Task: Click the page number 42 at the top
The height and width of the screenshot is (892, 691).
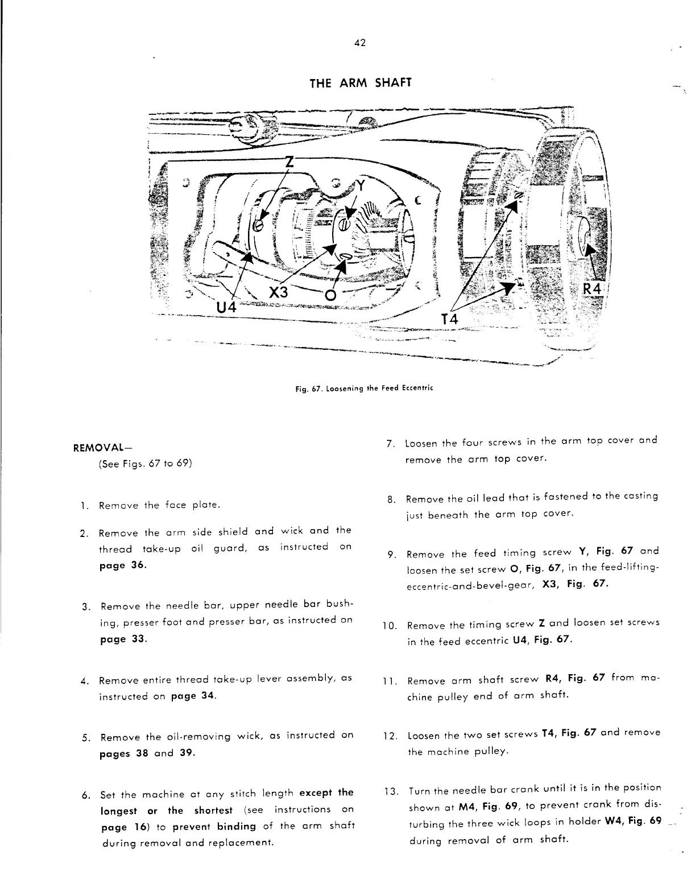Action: click(x=359, y=43)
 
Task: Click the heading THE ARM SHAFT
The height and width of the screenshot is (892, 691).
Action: click(x=359, y=83)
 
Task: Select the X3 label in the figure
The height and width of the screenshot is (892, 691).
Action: click(x=279, y=292)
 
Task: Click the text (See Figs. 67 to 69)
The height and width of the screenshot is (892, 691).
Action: click(x=145, y=464)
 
